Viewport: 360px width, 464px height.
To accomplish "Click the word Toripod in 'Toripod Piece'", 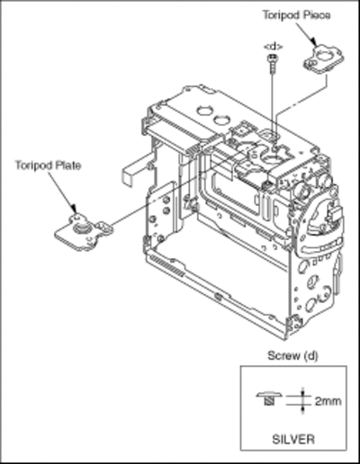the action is click(x=280, y=15).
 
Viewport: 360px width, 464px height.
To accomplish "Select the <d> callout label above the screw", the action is click(x=273, y=47).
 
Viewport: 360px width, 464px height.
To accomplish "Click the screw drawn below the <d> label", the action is click(x=273, y=63).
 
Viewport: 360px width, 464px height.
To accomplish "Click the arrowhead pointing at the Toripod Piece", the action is click(x=313, y=41).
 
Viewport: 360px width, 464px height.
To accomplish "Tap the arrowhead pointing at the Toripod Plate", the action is click(x=73, y=210).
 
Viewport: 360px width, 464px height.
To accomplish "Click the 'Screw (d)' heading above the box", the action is click(x=292, y=356).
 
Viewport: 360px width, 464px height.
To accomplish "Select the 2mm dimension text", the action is click(x=328, y=401).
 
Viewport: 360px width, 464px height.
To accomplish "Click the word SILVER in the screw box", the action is click(x=293, y=439).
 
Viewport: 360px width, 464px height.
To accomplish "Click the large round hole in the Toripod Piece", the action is click(x=324, y=56).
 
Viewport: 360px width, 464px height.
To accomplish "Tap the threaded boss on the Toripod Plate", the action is click(x=80, y=228).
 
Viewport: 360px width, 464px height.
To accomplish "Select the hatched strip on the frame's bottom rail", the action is click(x=167, y=265).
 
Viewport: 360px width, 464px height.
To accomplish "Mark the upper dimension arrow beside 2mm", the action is click(x=302, y=391).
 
